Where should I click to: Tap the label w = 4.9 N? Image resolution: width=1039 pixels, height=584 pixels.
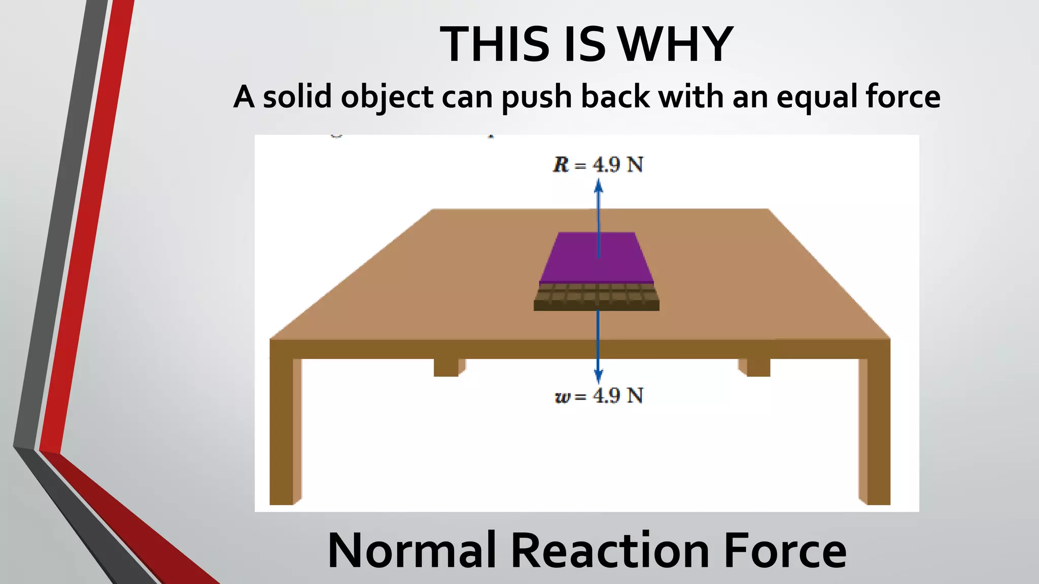tap(599, 396)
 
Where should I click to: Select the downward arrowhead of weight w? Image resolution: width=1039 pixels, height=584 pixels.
tap(599, 377)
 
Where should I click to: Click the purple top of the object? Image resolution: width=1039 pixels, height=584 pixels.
tap(597, 257)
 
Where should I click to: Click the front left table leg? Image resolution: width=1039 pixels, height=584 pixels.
tap(282, 431)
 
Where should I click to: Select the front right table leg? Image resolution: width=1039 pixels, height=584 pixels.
tap(878, 431)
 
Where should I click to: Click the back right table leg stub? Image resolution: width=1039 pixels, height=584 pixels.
tap(758, 367)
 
